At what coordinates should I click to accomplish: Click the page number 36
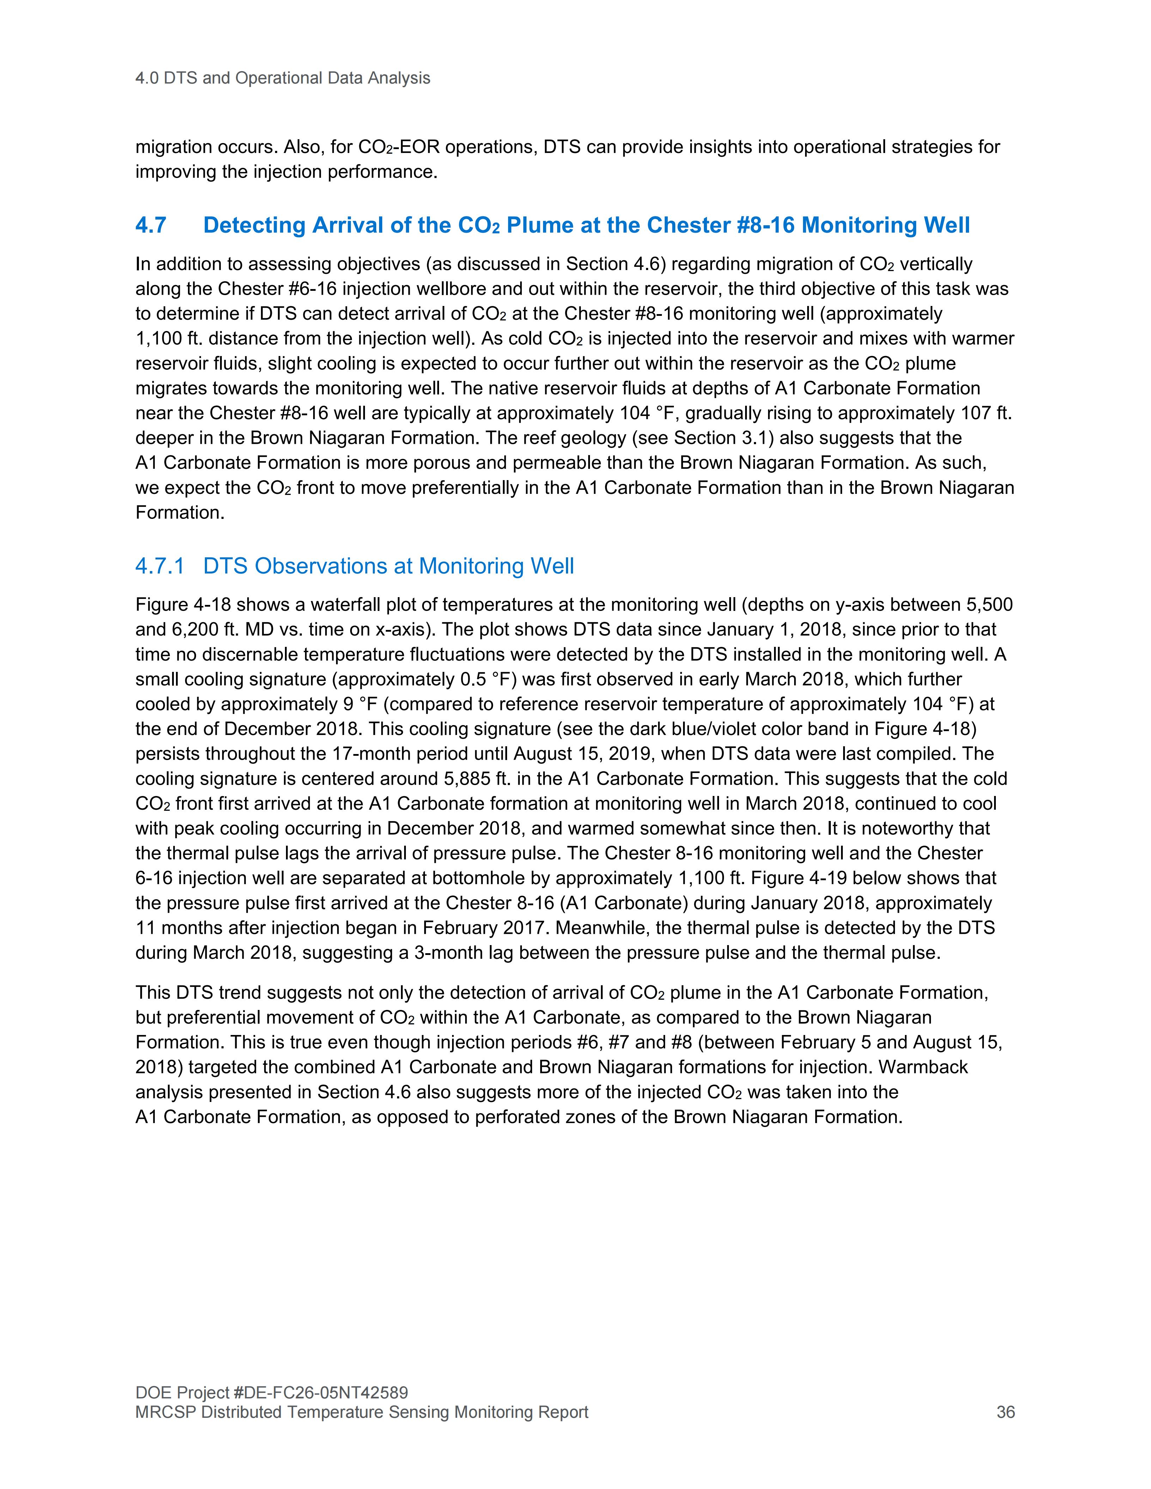(1005, 1411)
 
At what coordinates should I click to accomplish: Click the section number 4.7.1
(159, 566)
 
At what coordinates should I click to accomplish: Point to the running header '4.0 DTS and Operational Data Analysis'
(283, 78)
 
